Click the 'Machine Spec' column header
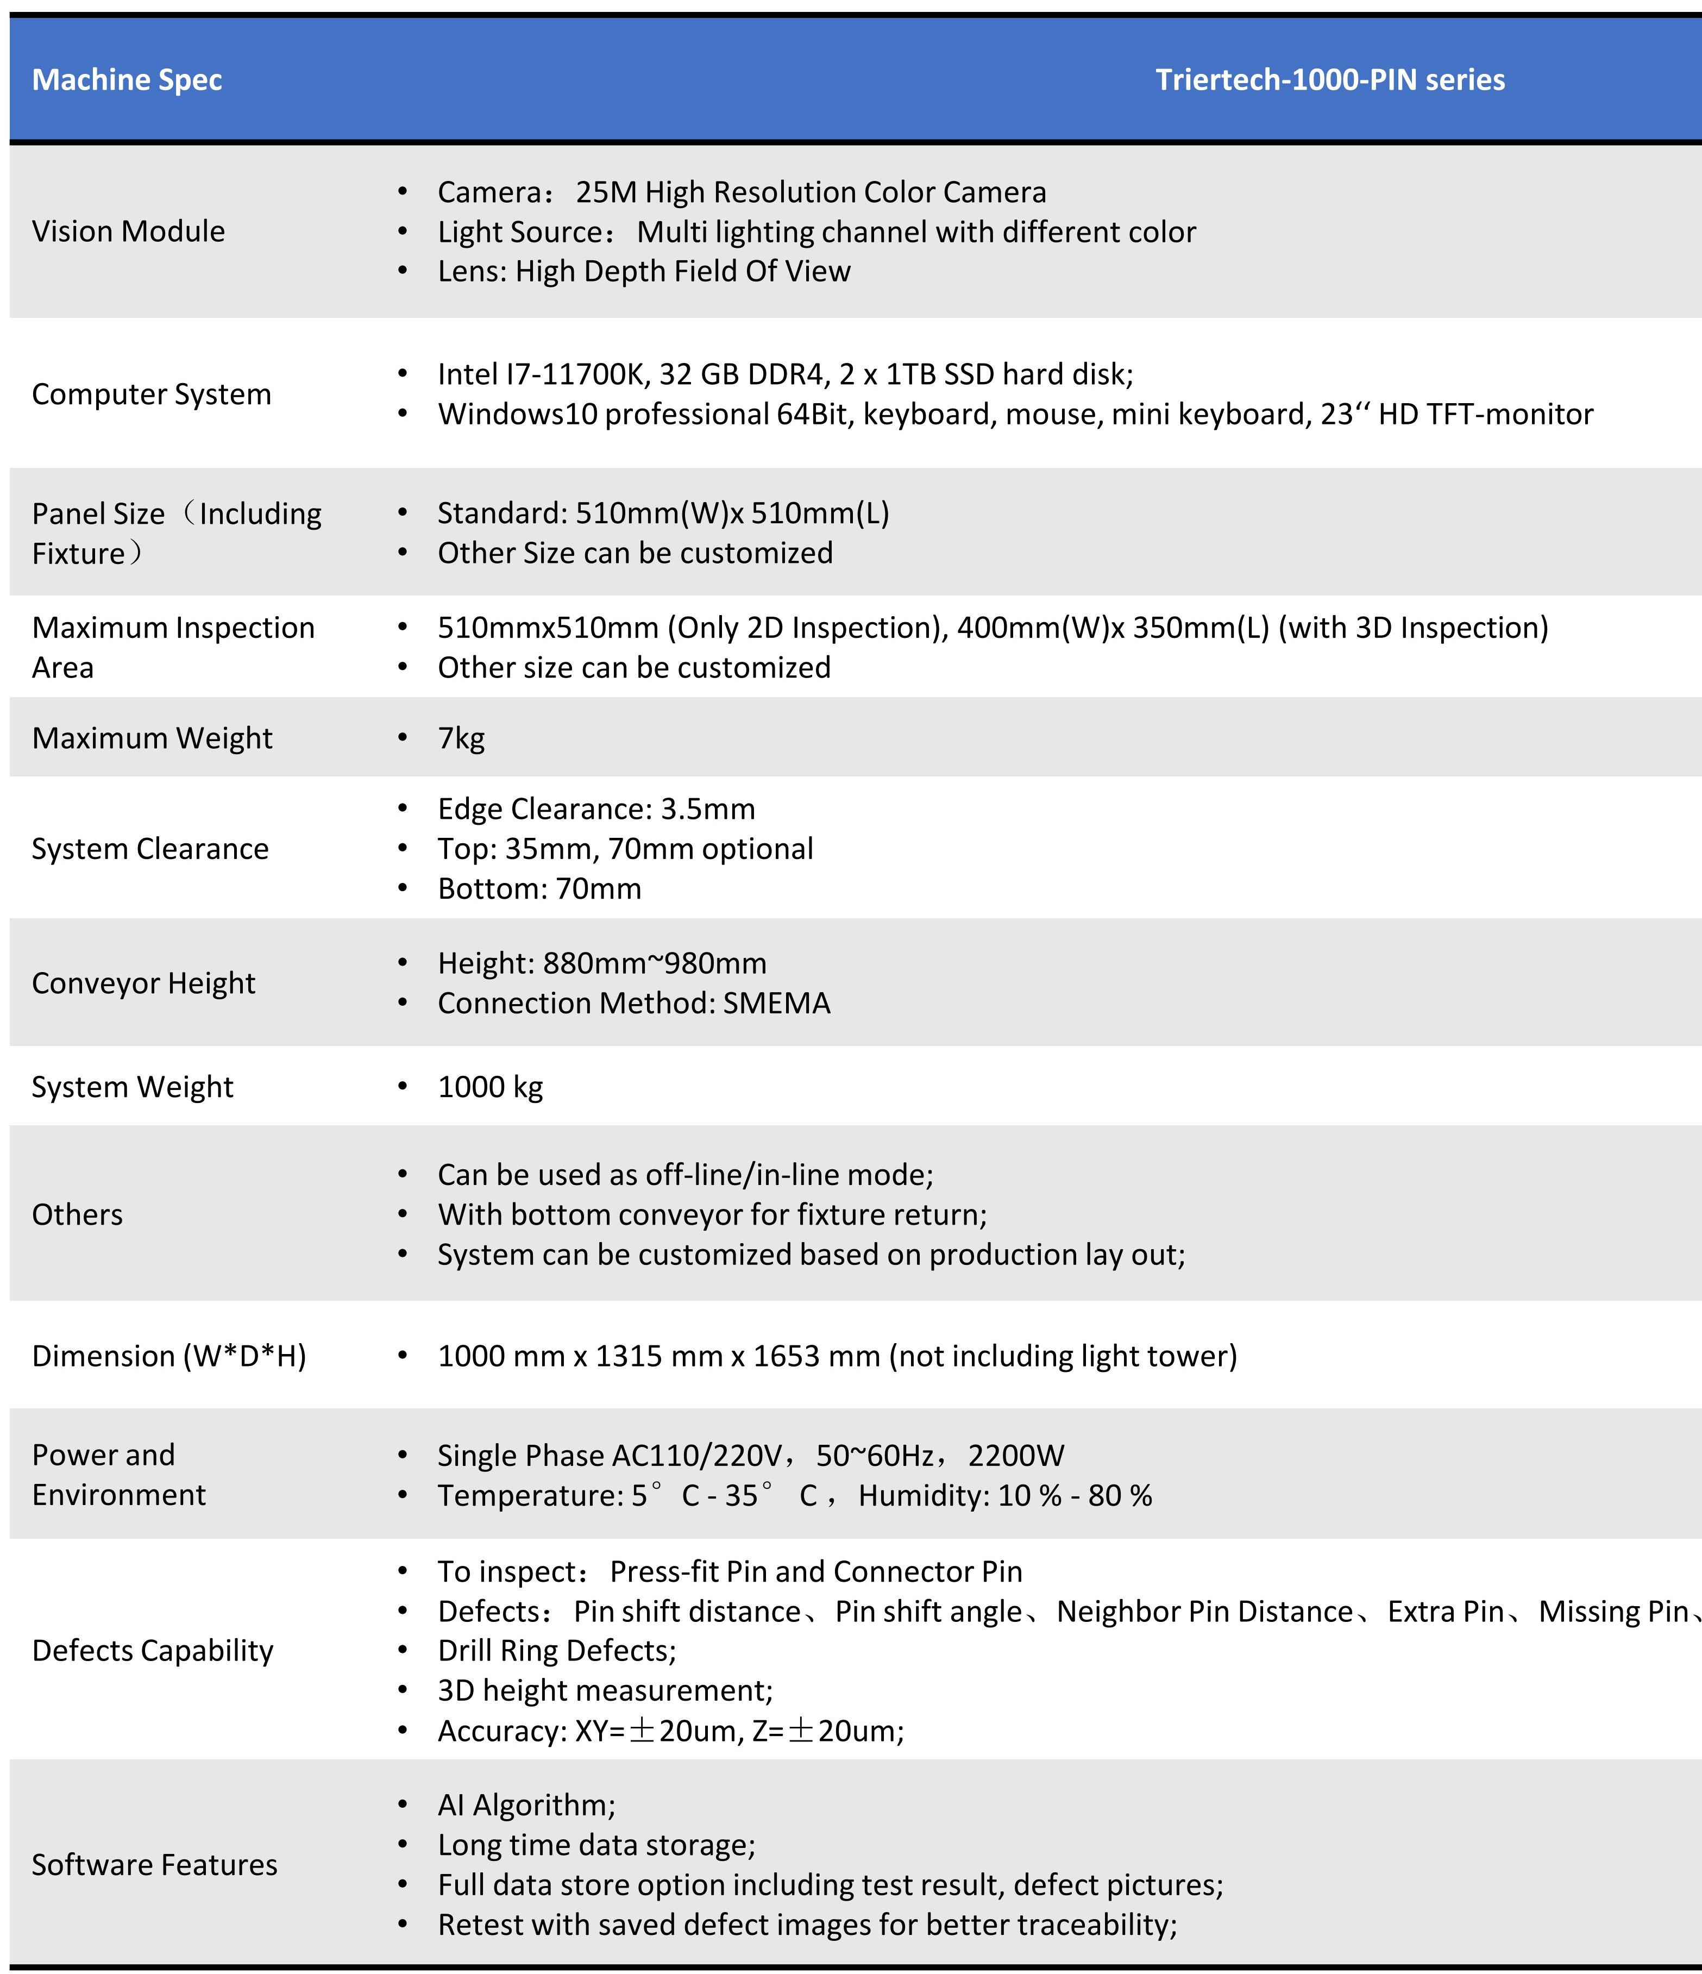127,80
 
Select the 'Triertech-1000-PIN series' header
1329,80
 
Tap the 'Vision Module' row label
129,231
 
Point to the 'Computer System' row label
152,394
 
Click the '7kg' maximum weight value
461,738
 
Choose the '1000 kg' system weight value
489,1087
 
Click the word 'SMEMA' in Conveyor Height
776,1003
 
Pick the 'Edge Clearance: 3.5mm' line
596,809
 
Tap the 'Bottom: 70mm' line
539,889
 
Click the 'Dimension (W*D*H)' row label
168,1356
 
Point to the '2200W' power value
1015,1456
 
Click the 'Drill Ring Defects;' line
556,1650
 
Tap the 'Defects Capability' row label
153,1650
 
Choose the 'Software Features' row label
154,1864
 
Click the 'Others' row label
77,1215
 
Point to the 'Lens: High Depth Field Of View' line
644,272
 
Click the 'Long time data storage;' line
596,1845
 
